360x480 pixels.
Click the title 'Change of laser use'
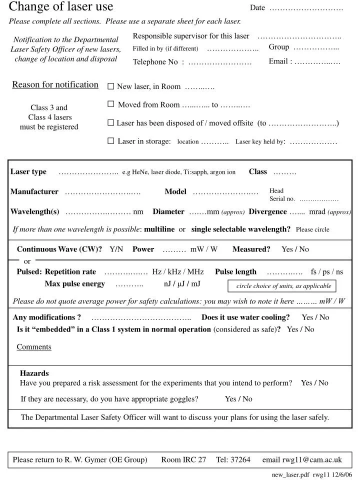tap(61, 7)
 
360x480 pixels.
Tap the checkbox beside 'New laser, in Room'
tap(111, 86)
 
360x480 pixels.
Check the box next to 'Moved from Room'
tap(111, 104)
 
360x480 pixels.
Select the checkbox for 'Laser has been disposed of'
tap(111, 122)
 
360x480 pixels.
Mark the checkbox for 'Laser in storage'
tap(111, 141)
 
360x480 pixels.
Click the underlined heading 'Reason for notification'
tap(55, 84)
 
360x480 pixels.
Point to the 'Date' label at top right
tap(257, 7)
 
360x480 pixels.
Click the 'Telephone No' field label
tap(155, 62)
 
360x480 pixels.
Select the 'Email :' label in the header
tap(280, 61)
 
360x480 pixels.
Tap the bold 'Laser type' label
tap(28, 172)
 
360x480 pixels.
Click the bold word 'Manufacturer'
tap(34, 191)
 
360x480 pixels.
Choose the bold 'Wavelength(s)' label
tap(35, 211)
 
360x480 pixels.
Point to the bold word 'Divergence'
tap(267, 211)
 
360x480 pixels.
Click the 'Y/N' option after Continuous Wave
tap(116, 249)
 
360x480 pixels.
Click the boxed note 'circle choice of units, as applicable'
tap(283, 286)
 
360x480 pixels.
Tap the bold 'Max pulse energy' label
tap(75, 284)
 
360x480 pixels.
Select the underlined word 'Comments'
tap(34, 347)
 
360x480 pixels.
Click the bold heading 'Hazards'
tap(34, 373)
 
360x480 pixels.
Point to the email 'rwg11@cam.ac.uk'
tap(312, 459)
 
